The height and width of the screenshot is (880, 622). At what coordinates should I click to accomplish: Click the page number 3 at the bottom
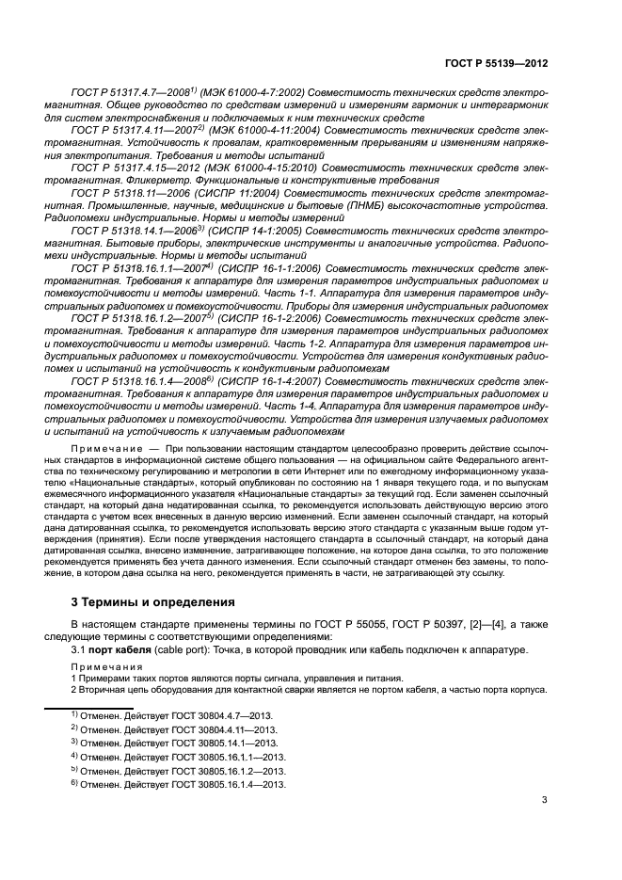[x=545, y=801]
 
